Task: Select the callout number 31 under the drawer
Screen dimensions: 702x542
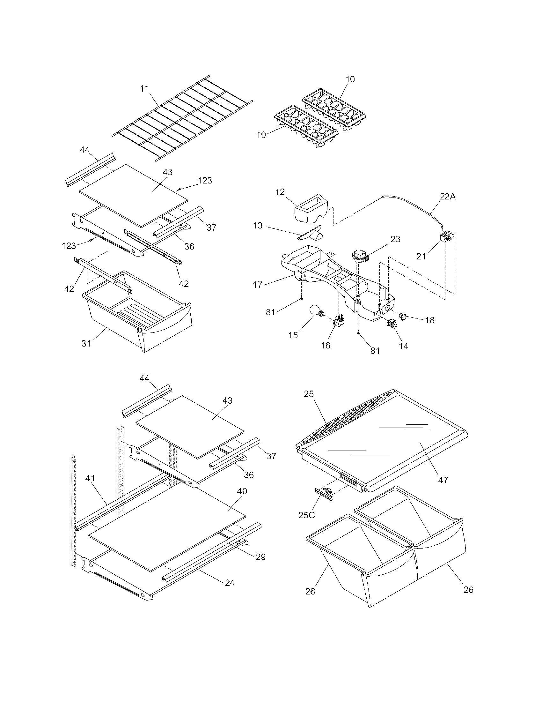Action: pos(86,343)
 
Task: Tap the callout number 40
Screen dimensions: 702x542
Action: pos(242,491)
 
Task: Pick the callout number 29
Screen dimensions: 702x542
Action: pos(260,557)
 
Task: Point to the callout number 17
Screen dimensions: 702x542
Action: pos(258,284)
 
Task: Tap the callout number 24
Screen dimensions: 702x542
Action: pos(229,582)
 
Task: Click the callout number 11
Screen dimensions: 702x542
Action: pos(144,89)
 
